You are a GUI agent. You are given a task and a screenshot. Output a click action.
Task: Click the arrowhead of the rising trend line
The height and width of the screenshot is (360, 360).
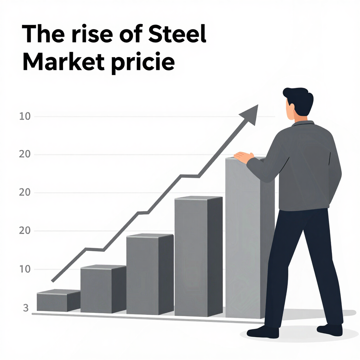[x=250, y=114]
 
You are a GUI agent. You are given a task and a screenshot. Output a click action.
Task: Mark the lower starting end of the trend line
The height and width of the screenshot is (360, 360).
[x=53, y=281]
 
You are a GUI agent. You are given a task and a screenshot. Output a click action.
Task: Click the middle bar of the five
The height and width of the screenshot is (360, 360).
[x=149, y=274]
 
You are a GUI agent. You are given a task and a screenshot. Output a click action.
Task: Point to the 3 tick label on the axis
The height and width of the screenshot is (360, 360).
[x=25, y=308]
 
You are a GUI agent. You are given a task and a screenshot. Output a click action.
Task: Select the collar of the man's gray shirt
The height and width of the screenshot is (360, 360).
[x=303, y=123]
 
